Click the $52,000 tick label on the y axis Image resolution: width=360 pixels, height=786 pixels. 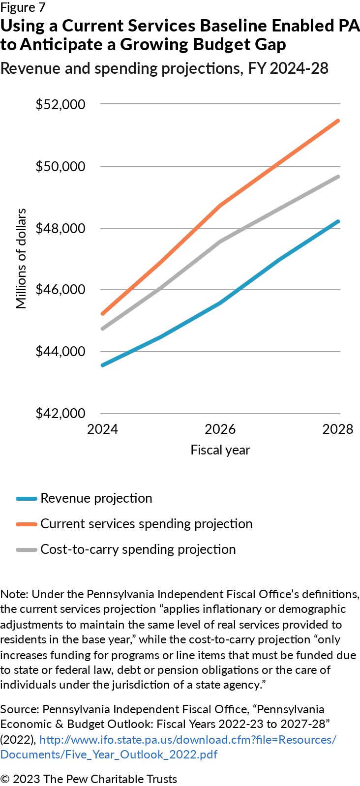tap(60, 104)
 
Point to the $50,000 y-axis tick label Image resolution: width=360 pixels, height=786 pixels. tap(60, 166)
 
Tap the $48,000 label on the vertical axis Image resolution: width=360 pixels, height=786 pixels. tap(60, 228)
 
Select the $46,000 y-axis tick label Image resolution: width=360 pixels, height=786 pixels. tap(60, 290)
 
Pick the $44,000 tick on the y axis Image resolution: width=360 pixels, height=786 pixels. tap(60, 352)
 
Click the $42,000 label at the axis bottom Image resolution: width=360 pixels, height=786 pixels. tap(60, 414)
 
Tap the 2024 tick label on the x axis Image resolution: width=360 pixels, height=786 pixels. tap(102, 429)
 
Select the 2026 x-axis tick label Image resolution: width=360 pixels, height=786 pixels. tap(220, 429)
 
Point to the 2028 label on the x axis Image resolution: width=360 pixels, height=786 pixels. tap(337, 429)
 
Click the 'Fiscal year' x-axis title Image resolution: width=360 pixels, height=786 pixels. tap(220, 450)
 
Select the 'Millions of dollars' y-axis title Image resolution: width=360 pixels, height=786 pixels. tap(21, 259)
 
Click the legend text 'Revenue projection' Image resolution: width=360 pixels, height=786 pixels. tap(96, 498)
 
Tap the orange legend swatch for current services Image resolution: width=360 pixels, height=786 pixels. tap(27, 524)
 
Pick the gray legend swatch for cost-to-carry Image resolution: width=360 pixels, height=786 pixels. tap(27, 549)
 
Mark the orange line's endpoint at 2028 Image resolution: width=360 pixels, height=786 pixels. tap(338, 121)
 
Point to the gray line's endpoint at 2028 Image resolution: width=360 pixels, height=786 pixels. tap(338, 176)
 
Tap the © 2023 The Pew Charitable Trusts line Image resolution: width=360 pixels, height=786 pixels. tap(89, 779)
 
